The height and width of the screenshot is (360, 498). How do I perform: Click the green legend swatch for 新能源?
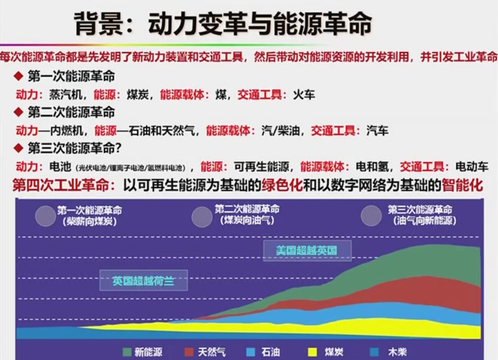pos(127,352)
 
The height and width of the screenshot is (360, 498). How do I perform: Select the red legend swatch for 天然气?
pos(189,352)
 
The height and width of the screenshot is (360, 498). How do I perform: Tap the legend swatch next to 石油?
pos(250,352)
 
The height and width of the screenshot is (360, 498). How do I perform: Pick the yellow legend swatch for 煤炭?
pos(313,352)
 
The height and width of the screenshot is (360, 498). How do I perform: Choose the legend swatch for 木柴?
pos(374,352)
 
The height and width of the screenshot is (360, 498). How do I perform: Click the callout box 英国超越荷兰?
pos(143,280)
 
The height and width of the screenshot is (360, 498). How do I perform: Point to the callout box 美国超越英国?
pos(307,251)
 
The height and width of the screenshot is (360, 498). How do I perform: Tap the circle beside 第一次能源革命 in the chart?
pos(45,216)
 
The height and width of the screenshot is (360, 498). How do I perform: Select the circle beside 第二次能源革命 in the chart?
pos(202,217)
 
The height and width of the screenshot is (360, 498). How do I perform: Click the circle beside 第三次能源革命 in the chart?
pos(371,216)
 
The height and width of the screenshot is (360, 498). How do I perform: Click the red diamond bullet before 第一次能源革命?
pos(18,76)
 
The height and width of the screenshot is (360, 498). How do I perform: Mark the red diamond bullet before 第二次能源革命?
pos(18,112)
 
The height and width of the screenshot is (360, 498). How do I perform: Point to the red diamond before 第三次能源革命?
pos(18,148)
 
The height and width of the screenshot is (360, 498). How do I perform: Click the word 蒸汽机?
pos(65,95)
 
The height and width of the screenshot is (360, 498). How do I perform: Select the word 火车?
pos(304,95)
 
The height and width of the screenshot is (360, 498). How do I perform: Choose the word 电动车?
pos(472,166)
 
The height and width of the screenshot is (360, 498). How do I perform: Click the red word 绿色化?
pos(282,185)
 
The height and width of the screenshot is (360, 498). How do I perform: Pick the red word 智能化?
pos(462,185)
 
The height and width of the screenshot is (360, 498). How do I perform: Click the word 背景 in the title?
pos(99,24)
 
